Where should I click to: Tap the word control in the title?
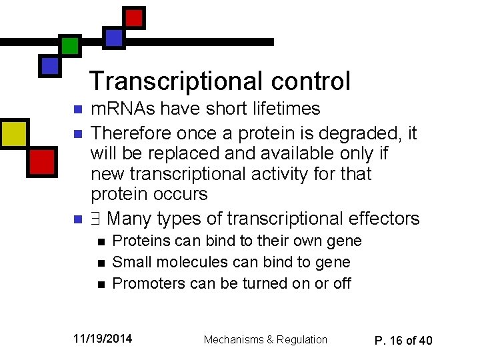click(x=310, y=81)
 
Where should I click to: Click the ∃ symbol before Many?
click(x=96, y=219)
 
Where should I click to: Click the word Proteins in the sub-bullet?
click(x=138, y=241)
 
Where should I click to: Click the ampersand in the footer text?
click(x=269, y=340)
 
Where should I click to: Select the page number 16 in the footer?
click(x=397, y=341)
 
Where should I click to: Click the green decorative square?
click(x=69, y=45)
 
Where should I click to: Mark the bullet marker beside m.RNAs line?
click(x=77, y=109)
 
